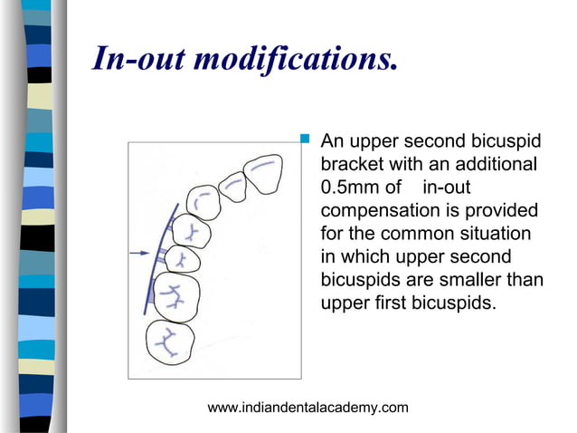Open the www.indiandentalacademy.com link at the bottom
[x=307, y=409]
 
